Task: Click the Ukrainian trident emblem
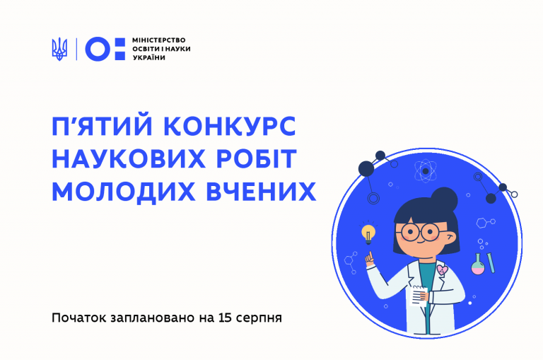59,49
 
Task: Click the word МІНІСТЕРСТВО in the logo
158,40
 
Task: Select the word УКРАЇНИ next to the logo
149,57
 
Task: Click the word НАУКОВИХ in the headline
129,158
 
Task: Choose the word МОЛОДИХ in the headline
123,191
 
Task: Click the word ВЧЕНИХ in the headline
261,191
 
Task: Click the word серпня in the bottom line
259,318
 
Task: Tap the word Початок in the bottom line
79,318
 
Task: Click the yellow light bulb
368,234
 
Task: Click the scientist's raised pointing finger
370,256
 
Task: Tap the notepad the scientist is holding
419,296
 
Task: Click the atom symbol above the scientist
426,171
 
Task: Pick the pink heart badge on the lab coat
442,269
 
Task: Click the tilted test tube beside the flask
491,263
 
